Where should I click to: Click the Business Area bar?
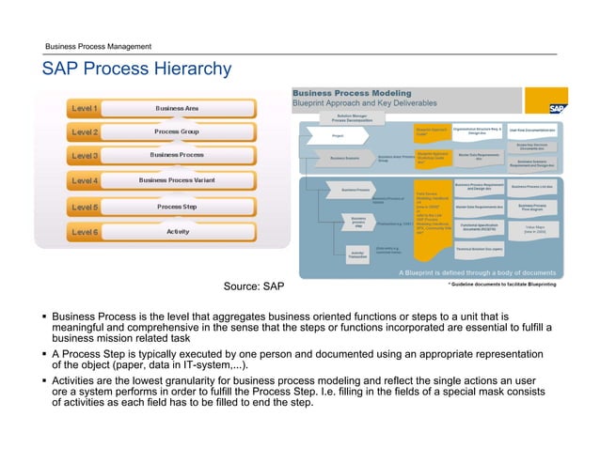(177, 108)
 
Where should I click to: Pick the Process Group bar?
(177, 131)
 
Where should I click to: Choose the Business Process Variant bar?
(177, 180)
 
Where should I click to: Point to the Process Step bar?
(177, 206)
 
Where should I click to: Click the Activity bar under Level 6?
(177, 230)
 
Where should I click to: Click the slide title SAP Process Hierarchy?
(135, 69)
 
